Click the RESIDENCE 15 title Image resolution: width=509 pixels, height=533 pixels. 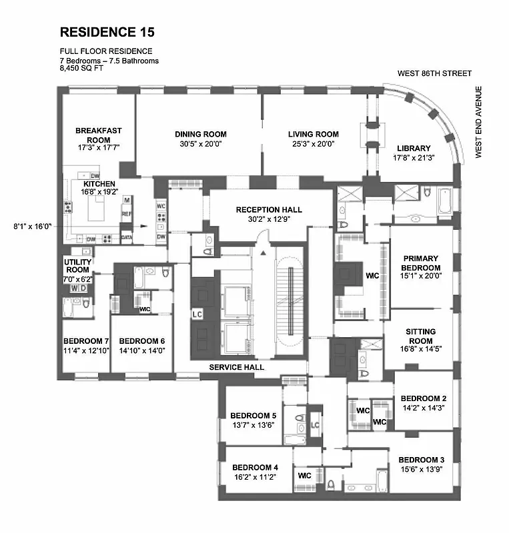[108, 32]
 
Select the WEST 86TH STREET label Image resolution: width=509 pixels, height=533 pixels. [434, 73]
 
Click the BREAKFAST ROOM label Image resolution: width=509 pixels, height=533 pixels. [98, 135]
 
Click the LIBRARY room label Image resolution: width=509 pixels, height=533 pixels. [414, 148]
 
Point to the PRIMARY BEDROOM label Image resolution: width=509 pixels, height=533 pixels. [422, 263]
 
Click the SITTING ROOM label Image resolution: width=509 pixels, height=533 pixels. [420, 336]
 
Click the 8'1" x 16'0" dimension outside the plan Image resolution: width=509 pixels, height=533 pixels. [32, 226]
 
